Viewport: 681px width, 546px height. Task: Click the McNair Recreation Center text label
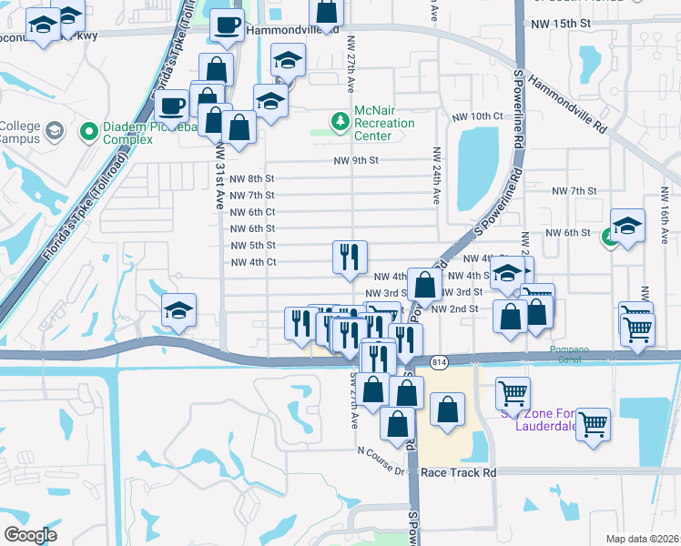[384, 123]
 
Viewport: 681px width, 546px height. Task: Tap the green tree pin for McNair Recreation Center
[340, 120]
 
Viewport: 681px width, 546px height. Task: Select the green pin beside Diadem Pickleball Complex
[89, 133]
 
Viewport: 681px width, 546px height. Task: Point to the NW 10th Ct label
[477, 116]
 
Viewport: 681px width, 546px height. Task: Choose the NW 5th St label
[252, 246]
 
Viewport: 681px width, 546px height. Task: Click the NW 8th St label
[252, 178]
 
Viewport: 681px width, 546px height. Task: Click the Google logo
[30, 535]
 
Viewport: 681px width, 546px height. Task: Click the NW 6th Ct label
[252, 212]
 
